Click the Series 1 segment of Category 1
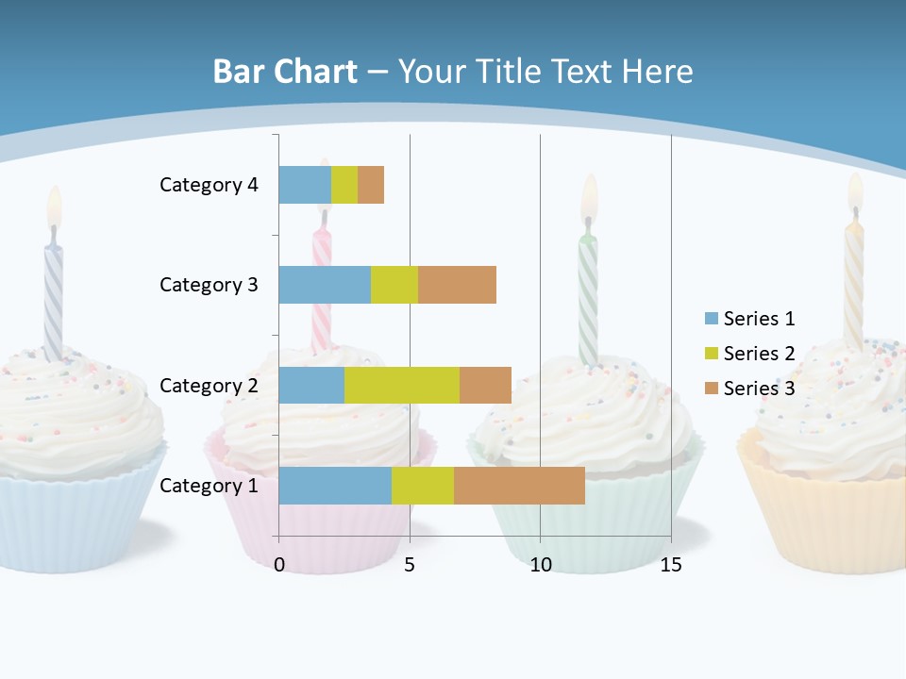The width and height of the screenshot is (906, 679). coord(335,486)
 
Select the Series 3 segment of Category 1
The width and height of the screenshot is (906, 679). coord(519,486)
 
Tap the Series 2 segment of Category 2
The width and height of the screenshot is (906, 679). coord(402,385)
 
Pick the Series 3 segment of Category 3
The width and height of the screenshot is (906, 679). coord(457,285)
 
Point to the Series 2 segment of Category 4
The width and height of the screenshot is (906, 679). coord(344,185)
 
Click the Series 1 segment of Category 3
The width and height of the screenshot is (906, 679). coord(325,285)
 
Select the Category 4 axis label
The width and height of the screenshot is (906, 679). coord(209,185)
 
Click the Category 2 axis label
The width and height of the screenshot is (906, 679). coord(209,385)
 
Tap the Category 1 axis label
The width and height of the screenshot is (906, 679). coord(209,486)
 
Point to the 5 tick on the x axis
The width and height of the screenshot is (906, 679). coord(410,565)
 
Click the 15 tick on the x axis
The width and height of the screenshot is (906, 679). coord(670,565)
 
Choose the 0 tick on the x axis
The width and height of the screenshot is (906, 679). coord(279,565)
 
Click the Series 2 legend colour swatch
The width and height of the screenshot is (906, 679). coord(711,354)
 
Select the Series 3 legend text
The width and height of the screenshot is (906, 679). coord(759,389)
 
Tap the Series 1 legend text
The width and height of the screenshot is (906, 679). coord(759,319)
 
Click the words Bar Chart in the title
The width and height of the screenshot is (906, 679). coord(285,72)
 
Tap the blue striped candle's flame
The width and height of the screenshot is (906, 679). coord(55,207)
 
